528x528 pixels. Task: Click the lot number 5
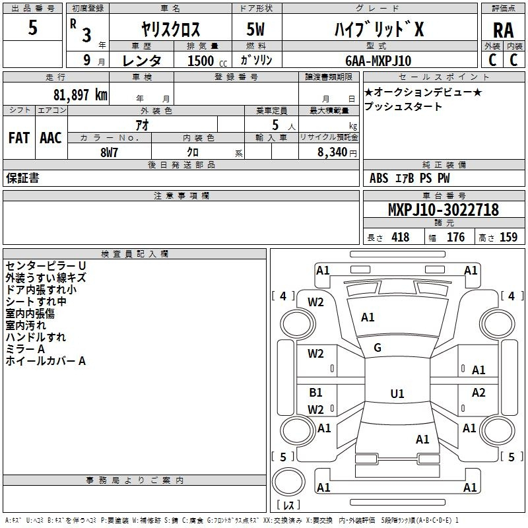(x=32, y=27)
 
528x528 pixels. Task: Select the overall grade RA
(x=504, y=30)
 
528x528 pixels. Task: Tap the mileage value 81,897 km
(x=81, y=95)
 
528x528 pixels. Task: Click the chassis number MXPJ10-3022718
(x=444, y=210)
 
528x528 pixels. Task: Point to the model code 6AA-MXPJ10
(x=378, y=61)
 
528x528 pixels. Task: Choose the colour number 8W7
(x=109, y=152)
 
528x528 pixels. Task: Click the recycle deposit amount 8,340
(x=332, y=152)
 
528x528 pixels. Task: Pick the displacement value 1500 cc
(x=207, y=61)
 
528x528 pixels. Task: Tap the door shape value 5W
(x=255, y=29)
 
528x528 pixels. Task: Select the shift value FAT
(x=19, y=138)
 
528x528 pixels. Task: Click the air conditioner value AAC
(x=51, y=138)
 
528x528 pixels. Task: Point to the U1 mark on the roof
(x=397, y=393)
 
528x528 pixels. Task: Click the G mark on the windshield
(x=378, y=348)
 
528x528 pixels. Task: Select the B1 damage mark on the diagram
(x=315, y=392)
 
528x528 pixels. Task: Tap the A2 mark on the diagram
(x=478, y=392)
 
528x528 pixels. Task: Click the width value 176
(x=455, y=237)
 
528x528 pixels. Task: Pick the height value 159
(x=508, y=237)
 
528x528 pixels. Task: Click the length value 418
(x=401, y=237)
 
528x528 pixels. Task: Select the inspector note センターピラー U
(x=46, y=266)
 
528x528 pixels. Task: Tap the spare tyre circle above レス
(x=288, y=482)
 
